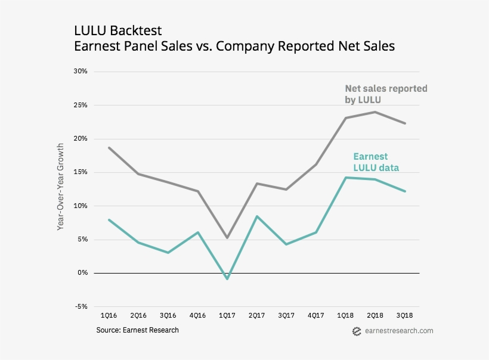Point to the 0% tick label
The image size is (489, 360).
click(x=82, y=273)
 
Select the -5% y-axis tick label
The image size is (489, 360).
click(x=81, y=307)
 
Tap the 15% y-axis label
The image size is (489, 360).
click(x=81, y=172)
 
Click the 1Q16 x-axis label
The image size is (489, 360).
click(x=109, y=315)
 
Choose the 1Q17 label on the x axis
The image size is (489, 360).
click(x=227, y=315)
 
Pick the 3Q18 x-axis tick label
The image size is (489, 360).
click(x=404, y=315)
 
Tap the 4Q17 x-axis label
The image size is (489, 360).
click(x=315, y=315)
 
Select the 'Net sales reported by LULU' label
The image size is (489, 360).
click(x=386, y=94)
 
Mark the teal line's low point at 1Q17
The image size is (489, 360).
click(x=227, y=278)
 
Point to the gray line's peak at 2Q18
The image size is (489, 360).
click(x=375, y=112)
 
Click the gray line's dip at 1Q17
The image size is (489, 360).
click(x=227, y=238)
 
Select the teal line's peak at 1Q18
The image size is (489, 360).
click(x=346, y=178)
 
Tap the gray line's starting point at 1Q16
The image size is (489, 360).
click(x=109, y=148)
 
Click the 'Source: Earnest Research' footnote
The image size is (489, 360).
click(x=137, y=330)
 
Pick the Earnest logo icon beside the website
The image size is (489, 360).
click(x=357, y=331)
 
